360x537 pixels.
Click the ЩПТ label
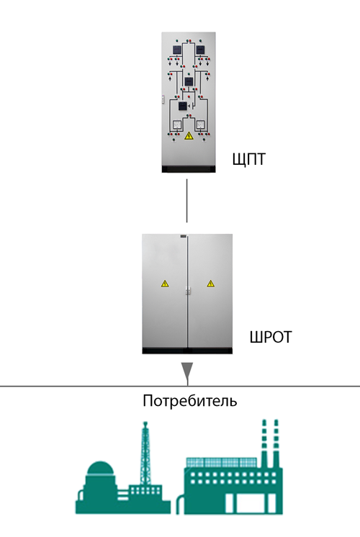click(x=249, y=160)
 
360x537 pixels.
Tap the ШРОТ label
click(x=271, y=337)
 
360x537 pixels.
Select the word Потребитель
click(x=190, y=401)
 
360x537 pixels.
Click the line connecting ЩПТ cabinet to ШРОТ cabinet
click(x=186, y=201)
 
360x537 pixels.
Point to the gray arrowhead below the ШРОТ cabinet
click(x=187, y=371)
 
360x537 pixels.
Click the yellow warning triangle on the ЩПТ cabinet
click(x=189, y=136)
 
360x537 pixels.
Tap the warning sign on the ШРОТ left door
click(x=165, y=284)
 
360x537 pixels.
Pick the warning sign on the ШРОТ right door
click(x=210, y=284)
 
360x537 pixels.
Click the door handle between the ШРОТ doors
click(x=188, y=290)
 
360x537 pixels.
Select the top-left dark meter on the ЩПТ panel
click(x=176, y=50)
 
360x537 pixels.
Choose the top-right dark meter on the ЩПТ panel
click(x=200, y=50)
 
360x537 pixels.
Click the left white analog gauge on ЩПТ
click(x=176, y=125)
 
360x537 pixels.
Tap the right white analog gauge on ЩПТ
click(x=200, y=125)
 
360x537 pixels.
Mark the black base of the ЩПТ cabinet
click(x=189, y=169)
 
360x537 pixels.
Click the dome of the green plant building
click(x=100, y=468)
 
